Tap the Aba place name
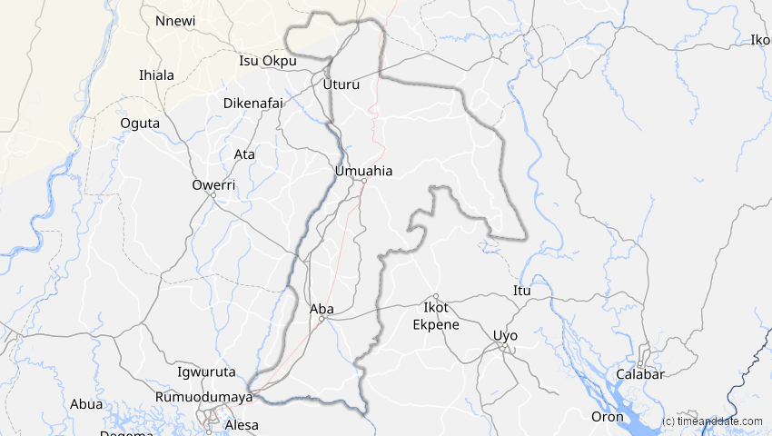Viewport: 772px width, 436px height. [x=322, y=309]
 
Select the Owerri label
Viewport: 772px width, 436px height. [x=213, y=184]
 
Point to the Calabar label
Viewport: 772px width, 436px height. [x=640, y=374]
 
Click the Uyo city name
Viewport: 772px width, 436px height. [x=505, y=335]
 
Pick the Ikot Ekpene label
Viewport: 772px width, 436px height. [x=436, y=316]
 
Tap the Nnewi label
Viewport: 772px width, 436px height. [x=174, y=21]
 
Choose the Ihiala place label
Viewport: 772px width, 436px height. [x=156, y=74]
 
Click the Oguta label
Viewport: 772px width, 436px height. [x=140, y=123]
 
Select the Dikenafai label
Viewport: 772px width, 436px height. [x=255, y=103]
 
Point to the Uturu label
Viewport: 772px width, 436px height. [x=341, y=84]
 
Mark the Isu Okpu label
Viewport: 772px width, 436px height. [x=268, y=61]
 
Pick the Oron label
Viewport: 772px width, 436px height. [x=608, y=417]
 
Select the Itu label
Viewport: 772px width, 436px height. [x=521, y=291]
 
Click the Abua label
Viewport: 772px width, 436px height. [x=87, y=404]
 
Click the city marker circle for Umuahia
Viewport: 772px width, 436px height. [x=363, y=181]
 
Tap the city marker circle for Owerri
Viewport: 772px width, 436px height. [x=212, y=194]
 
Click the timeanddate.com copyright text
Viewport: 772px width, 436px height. [x=713, y=421]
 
